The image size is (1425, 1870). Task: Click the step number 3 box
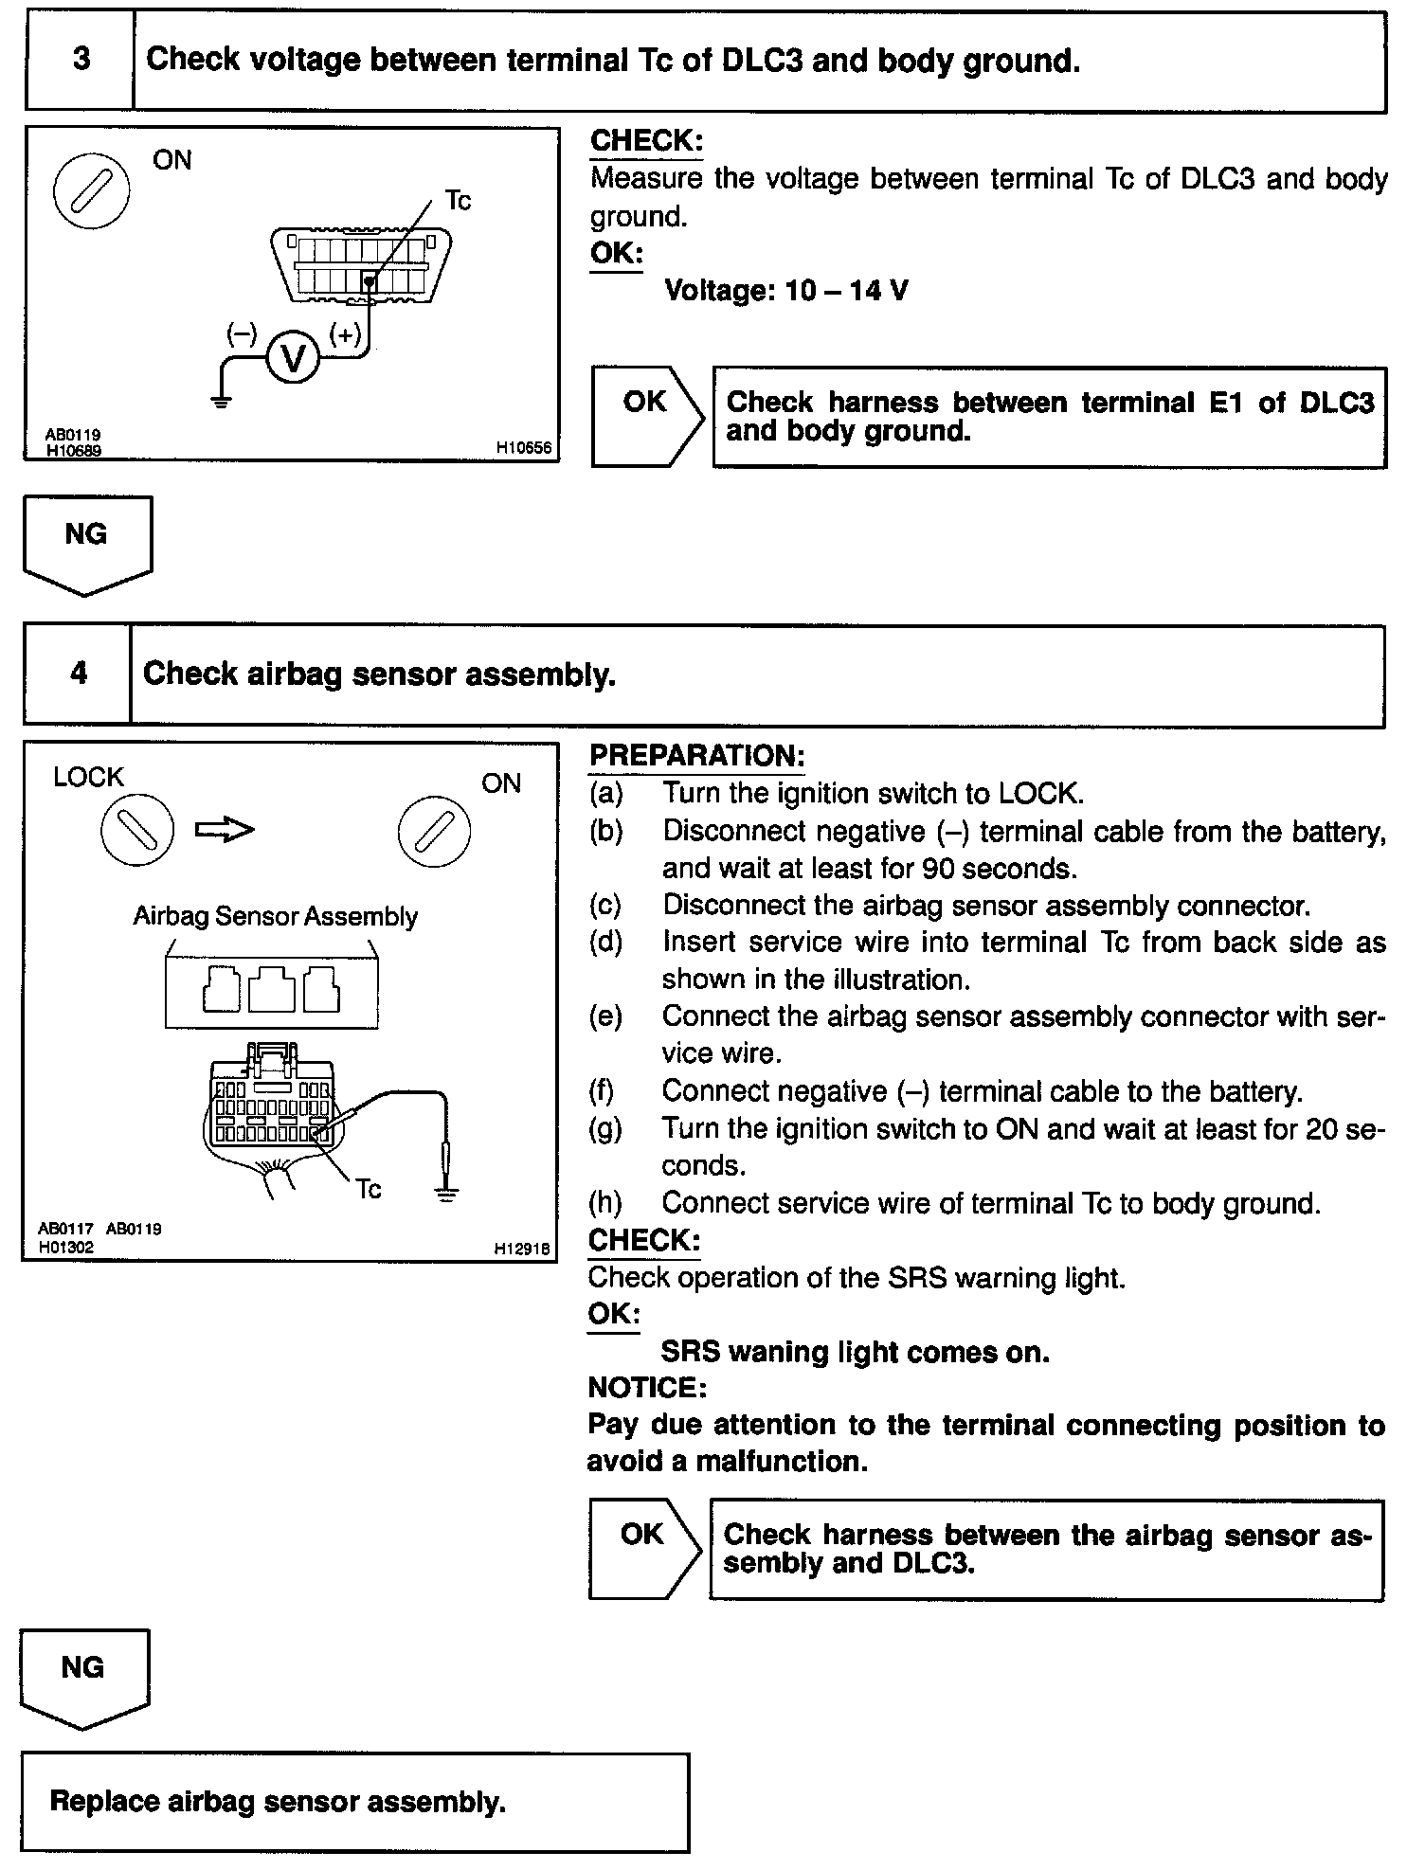[x=81, y=60]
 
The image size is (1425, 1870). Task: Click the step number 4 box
[x=78, y=674]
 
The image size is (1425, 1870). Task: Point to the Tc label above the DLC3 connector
[x=458, y=201]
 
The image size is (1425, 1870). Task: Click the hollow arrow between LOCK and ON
[x=225, y=830]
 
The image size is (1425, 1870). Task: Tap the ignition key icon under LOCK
[x=137, y=831]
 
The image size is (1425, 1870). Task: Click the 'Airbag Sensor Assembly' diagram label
[x=275, y=916]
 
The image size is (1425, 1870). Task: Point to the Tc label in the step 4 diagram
[x=369, y=1189]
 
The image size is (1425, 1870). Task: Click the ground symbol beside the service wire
[x=446, y=1193]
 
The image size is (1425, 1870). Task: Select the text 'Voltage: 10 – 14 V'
[x=785, y=290]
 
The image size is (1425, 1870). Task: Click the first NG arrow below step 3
[x=86, y=543]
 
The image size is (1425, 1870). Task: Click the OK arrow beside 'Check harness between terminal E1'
[x=647, y=415]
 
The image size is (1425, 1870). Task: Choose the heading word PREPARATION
[x=696, y=756]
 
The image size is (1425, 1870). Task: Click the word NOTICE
[x=646, y=1388]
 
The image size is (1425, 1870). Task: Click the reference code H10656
[x=523, y=448]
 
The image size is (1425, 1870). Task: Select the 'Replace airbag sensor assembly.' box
[x=354, y=1801]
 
